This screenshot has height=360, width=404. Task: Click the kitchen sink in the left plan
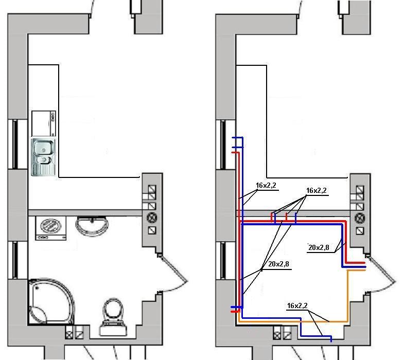point(43,157)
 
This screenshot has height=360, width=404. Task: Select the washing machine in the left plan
point(51,228)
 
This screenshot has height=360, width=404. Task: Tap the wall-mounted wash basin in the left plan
point(92,225)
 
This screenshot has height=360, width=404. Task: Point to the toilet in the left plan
point(113,317)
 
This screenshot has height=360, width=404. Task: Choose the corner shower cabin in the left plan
point(51,301)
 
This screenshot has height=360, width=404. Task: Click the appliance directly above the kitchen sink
point(44,123)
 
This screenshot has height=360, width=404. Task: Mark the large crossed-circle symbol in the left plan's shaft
point(152,218)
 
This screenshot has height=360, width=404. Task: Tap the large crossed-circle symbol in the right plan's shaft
point(360,218)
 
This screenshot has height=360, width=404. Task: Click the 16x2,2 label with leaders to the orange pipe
point(297,305)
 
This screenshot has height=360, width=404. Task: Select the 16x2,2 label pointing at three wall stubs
point(317,191)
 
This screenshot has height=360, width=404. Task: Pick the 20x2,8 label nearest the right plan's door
point(319,247)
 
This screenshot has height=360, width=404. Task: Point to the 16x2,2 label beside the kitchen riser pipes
point(266,185)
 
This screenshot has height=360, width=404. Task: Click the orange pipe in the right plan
point(347,296)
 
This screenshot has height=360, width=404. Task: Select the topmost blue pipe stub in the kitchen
point(237,138)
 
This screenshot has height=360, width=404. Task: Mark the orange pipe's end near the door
point(364,271)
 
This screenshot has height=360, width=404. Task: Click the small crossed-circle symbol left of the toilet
point(69,334)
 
